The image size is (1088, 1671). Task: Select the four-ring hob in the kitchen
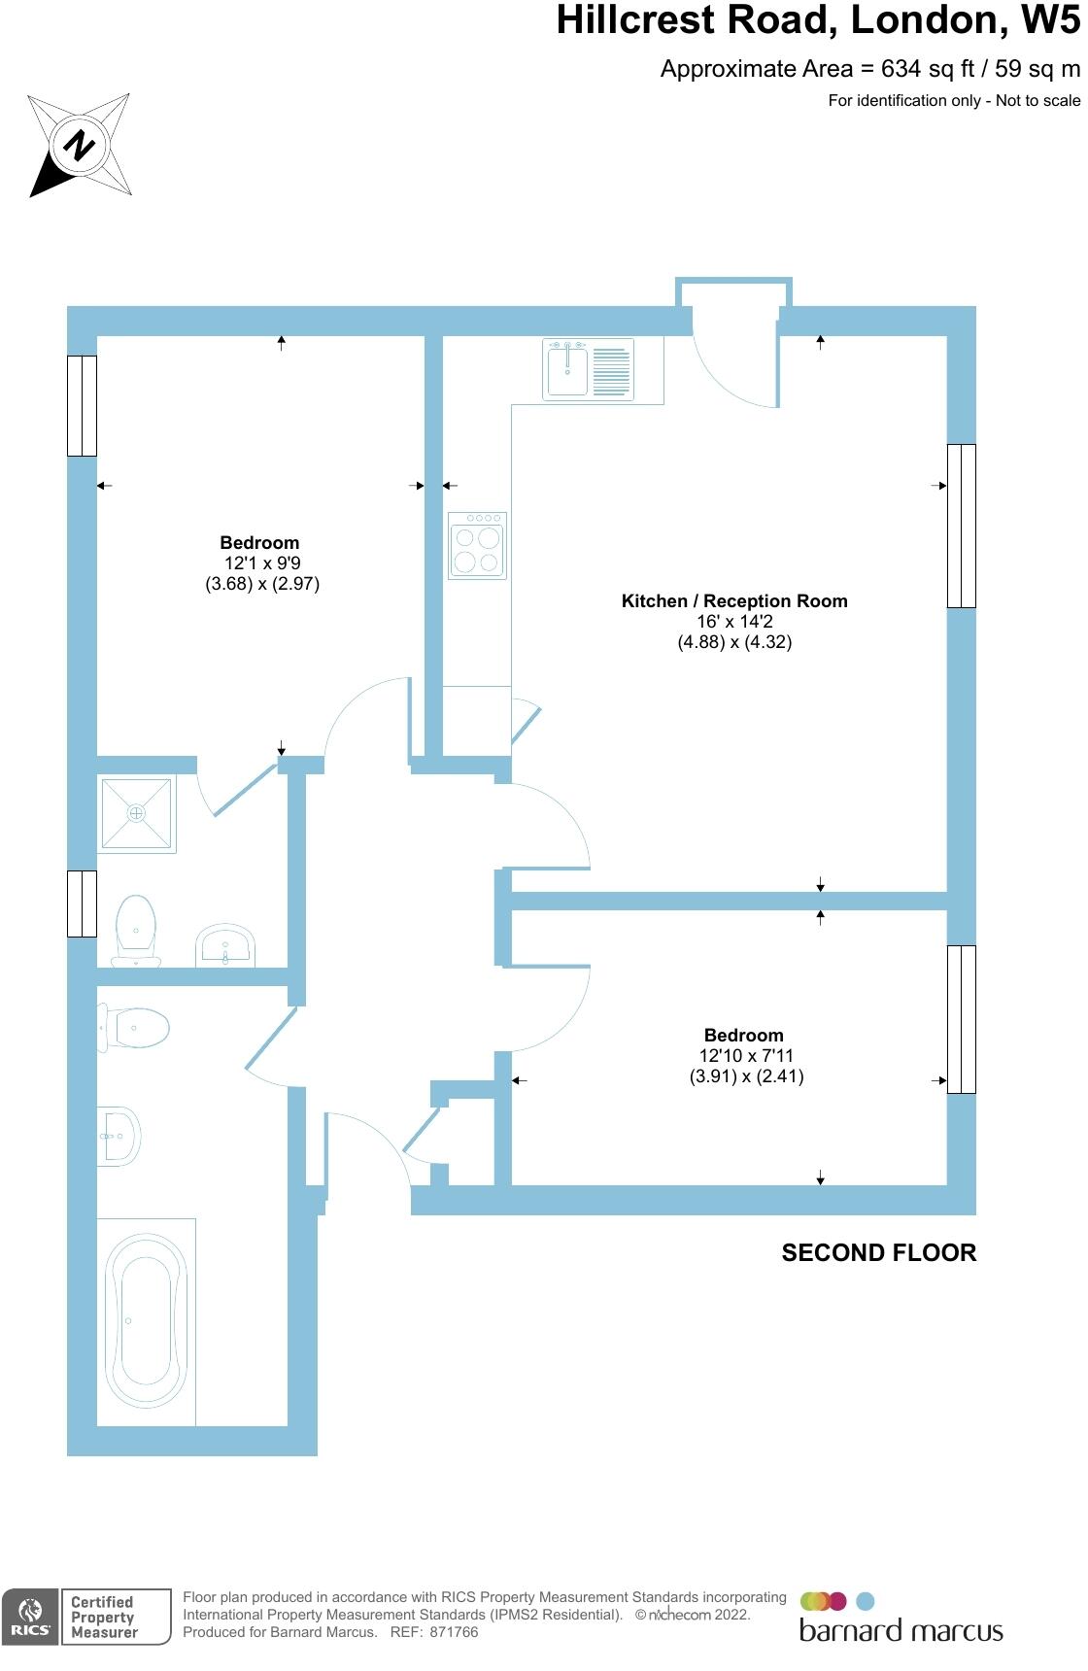pyautogui.click(x=477, y=546)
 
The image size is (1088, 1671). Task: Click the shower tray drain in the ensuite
pyautogui.click(x=137, y=812)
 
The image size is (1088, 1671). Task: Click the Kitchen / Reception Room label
pyautogui.click(x=734, y=600)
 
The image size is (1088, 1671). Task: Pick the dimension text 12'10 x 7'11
pyautogui.click(x=746, y=1055)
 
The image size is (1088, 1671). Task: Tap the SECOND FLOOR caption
pyautogui.click(x=878, y=1253)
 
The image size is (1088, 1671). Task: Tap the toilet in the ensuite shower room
pyautogui.click(x=136, y=928)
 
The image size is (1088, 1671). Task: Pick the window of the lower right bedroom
pyautogui.click(x=961, y=1019)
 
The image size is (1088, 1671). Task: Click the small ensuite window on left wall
pyautogui.click(x=82, y=904)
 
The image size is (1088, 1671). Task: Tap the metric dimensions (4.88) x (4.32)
pyautogui.click(x=734, y=642)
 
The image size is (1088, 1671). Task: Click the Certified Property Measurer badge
pyautogui.click(x=103, y=1618)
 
